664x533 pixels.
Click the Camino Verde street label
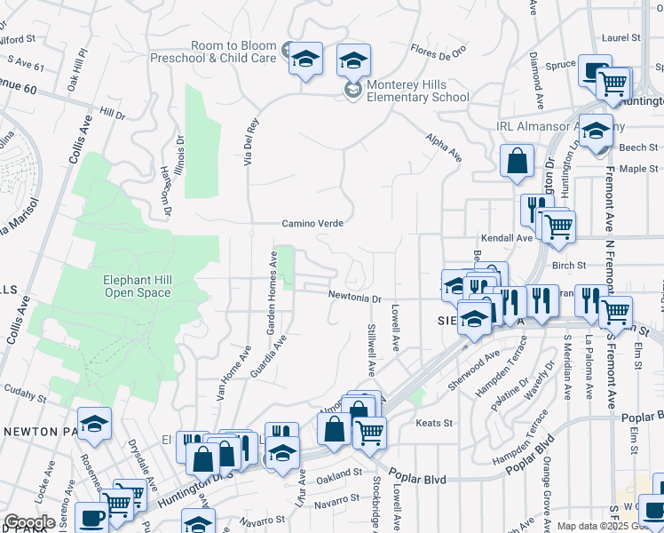[312, 224]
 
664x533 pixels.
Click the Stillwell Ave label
[371, 349]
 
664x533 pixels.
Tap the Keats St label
[435, 423]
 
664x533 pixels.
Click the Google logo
[29, 522]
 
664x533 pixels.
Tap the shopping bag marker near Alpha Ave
[517, 162]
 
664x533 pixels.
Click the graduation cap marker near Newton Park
[94, 424]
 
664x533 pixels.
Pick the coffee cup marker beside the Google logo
[91, 518]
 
